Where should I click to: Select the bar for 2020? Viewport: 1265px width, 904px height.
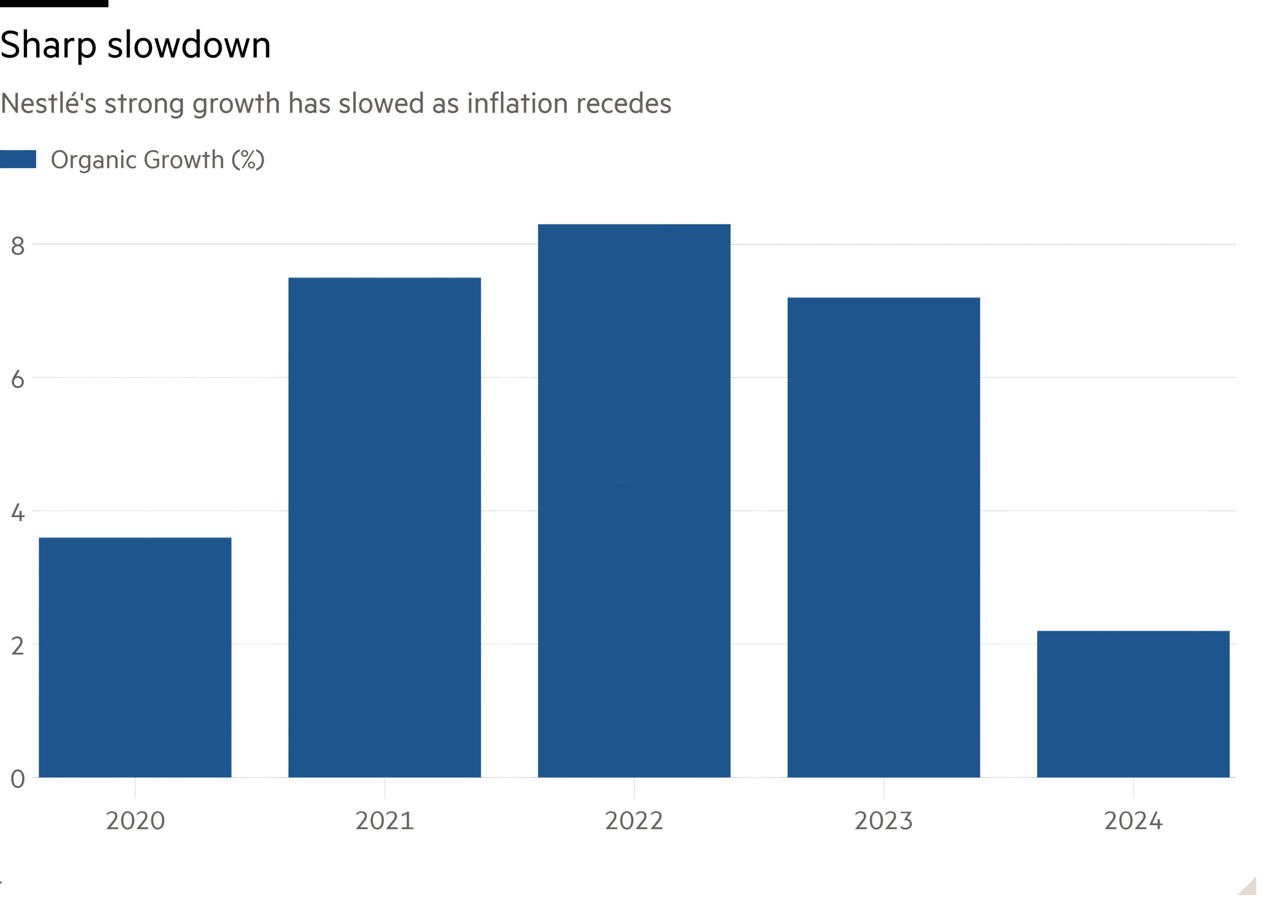click(x=135, y=657)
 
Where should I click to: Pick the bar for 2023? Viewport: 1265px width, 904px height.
click(x=883, y=537)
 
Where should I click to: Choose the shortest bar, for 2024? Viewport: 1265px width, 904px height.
click(x=1133, y=704)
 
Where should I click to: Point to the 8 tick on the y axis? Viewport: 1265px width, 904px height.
click(x=18, y=246)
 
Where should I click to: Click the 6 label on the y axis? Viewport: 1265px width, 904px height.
click(x=18, y=379)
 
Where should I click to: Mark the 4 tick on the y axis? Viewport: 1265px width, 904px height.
click(x=18, y=513)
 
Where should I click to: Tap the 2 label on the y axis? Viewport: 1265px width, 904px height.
click(x=18, y=646)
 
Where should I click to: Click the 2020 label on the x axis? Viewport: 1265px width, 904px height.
click(x=135, y=820)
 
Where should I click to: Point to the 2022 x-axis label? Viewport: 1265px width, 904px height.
click(x=634, y=820)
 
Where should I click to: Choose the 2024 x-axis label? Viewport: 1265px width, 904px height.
click(x=1133, y=820)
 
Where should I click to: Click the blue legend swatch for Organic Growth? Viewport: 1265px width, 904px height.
click(x=18, y=159)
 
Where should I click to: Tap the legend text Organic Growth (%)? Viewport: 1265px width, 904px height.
click(x=158, y=160)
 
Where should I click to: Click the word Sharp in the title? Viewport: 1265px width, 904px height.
click(x=48, y=45)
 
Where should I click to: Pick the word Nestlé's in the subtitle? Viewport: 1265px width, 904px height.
click(x=48, y=103)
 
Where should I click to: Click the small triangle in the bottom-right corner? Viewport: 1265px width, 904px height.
click(x=1249, y=887)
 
